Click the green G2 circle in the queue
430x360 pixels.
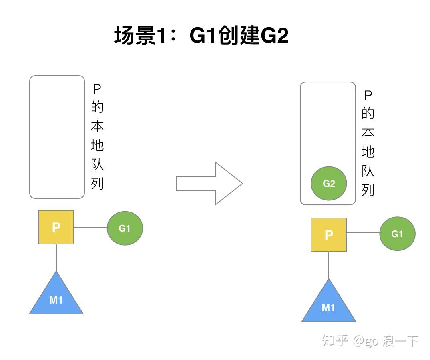click(329, 184)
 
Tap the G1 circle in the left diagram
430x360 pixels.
click(125, 228)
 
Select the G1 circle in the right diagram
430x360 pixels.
click(397, 234)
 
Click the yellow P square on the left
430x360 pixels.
click(56, 227)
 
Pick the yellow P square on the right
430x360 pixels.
click(329, 235)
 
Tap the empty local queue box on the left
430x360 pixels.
click(57, 137)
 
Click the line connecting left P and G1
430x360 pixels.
click(90, 227)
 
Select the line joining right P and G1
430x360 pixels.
click(363, 233)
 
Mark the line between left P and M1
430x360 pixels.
click(56, 258)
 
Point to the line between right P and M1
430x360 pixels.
click(329, 265)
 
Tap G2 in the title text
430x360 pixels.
click(274, 36)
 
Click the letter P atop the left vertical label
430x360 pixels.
click(97, 89)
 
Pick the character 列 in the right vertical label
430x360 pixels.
click(368, 189)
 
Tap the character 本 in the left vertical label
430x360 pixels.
click(97, 126)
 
